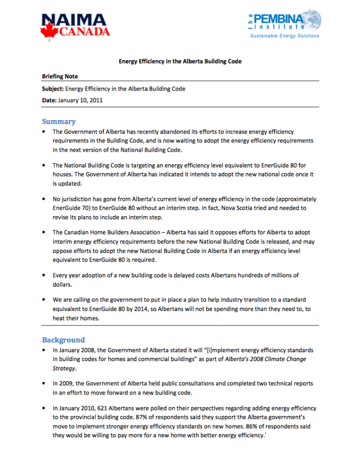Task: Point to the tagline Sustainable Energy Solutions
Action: pos(284,36)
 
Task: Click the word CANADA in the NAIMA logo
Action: pos(84,32)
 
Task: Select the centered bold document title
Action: pos(180,62)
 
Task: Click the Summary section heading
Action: pos(58,121)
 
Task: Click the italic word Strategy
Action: pos(64,368)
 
